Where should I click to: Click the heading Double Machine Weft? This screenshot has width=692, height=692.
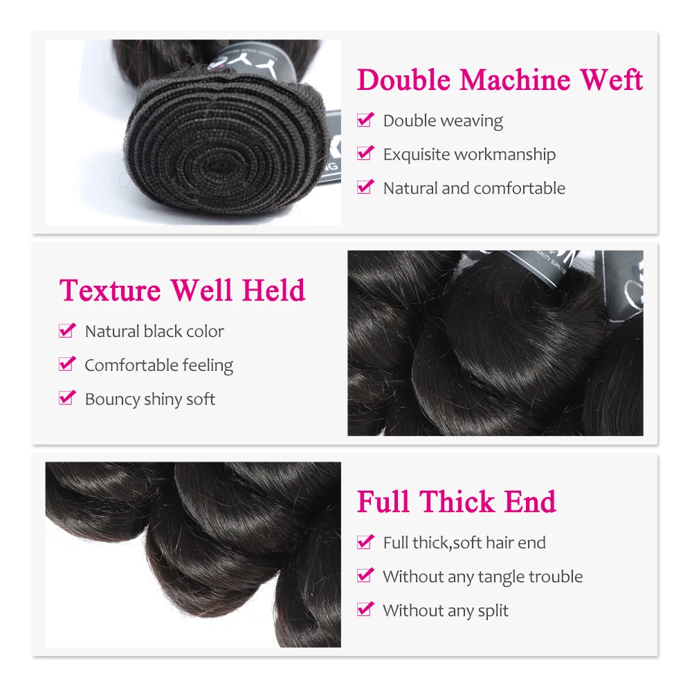(x=500, y=80)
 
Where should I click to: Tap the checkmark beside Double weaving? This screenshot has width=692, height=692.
(x=365, y=120)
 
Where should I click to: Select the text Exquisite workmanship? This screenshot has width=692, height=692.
(x=469, y=154)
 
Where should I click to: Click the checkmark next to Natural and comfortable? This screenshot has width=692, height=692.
(x=365, y=188)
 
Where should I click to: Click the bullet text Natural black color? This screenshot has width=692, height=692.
(x=154, y=331)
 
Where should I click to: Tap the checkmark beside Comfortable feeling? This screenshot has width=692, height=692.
(x=67, y=365)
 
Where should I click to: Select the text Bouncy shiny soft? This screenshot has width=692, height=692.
(x=149, y=399)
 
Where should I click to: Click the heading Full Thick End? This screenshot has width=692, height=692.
(x=456, y=502)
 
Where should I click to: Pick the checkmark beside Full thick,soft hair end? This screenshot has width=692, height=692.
(x=365, y=543)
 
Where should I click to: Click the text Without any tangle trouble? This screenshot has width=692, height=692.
(x=482, y=576)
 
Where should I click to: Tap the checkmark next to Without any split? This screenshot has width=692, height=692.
(x=365, y=610)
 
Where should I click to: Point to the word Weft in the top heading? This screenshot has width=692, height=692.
(x=612, y=80)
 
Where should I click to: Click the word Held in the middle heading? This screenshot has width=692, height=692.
(x=273, y=290)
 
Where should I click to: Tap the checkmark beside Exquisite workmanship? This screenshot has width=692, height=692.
(x=365, y=154)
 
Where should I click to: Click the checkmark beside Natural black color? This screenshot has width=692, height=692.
(x=67, y=331)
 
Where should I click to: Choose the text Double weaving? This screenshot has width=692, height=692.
(x=443, y=121)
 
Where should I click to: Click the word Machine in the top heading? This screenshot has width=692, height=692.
(x=515, y=80)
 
